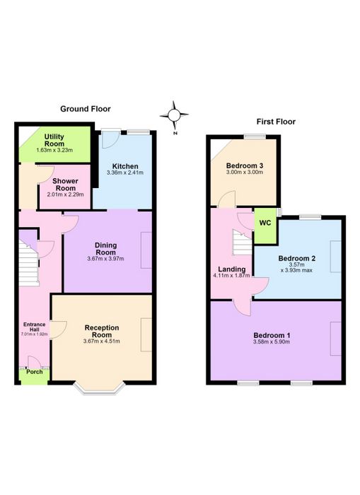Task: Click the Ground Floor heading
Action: click(x=86, y=109)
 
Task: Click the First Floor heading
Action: click(x=276, y=122)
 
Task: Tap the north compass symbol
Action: click(x=174, y=115)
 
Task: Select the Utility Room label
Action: click(x=54, y=140)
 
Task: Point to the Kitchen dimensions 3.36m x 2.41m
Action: click(x=125, y=173)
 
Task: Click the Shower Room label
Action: click(x=65, y=185)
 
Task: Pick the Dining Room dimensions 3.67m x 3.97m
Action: click(x=105, y=259)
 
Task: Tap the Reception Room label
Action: click(x=102, y=331)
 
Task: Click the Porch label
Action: click(x=35, y=372)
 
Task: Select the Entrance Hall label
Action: click(x=35, y=327)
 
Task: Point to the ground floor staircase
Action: click(x=29, y=263)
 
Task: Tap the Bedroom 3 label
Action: click(x=245, y=165)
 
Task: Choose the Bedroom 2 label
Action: click(x=297, y=258)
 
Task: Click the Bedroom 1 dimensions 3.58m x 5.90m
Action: click(x=272, y=342)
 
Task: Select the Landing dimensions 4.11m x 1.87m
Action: click(x=231, y=275)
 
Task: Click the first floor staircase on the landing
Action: click(x=242, y=243)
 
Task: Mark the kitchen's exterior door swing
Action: click(x=110, y=140)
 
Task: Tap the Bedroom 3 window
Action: click(x=255, y=136)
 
